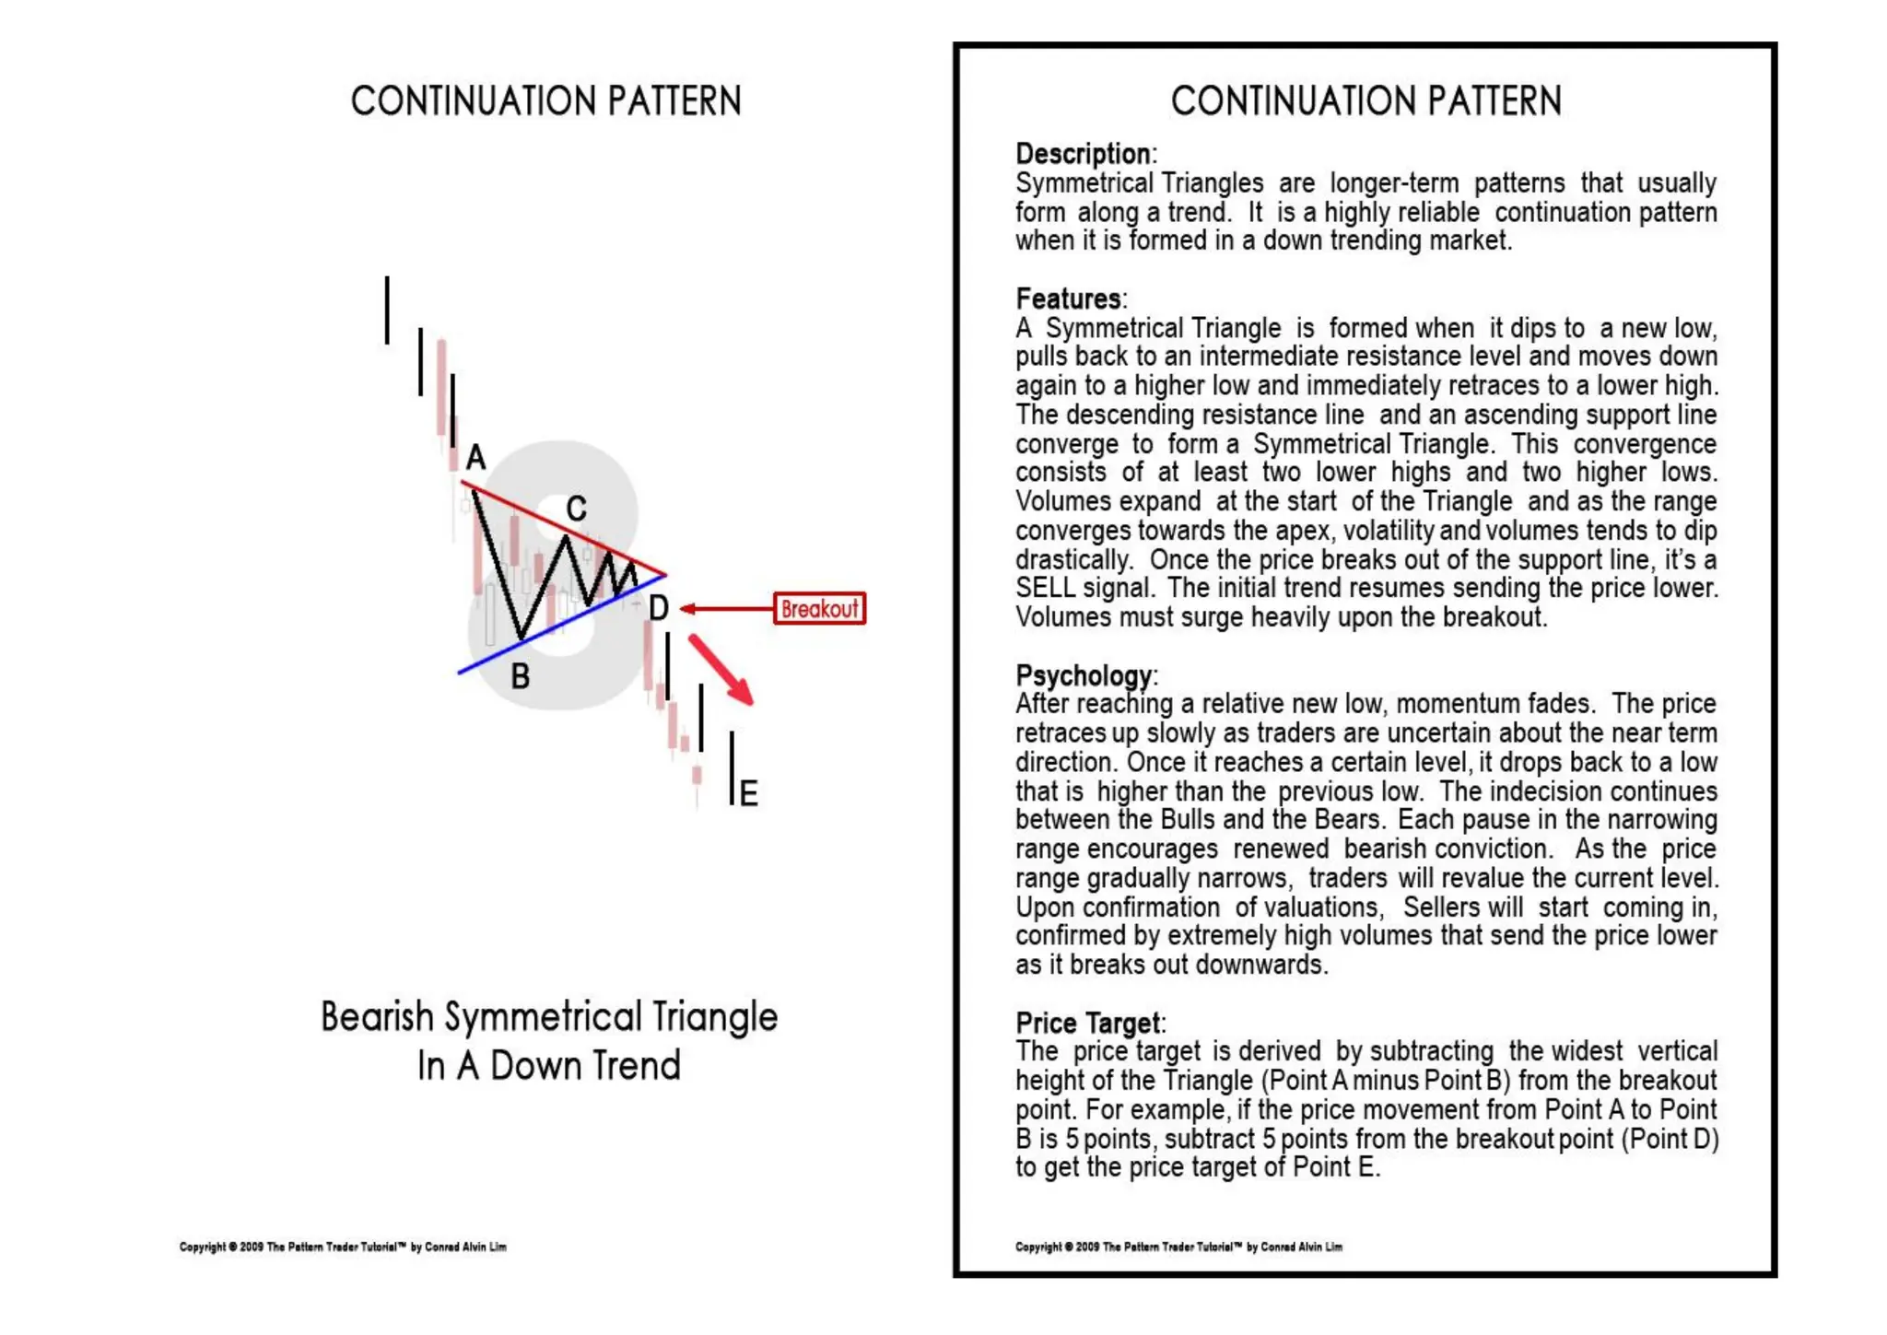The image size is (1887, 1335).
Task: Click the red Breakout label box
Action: coord(819,609)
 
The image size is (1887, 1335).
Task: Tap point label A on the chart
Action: coord(475,457)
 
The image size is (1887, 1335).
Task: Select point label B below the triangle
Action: coord(521,677)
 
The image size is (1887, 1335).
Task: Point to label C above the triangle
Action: coord(577,509)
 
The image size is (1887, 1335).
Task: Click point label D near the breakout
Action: coord(658,608)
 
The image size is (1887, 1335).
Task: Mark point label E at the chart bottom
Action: coord(748,793)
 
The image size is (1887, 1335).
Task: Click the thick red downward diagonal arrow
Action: coord(722,670)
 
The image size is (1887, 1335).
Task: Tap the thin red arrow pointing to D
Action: coord(728,609)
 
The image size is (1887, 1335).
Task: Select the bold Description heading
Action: coord(1083,154)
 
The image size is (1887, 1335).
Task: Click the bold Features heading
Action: coord(1068,299)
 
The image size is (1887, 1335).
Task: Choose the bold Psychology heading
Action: coord(1084,675)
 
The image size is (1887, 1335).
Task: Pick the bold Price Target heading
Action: coord(1087,1023)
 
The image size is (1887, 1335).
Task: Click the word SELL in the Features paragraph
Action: coord(1045,588)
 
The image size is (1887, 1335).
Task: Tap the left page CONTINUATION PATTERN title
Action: coord(546,101)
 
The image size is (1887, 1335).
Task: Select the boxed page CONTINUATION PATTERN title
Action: coord(1365,101)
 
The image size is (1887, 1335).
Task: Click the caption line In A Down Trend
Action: coord(549,1066)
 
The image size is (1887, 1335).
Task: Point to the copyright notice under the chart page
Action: coord(343,1247)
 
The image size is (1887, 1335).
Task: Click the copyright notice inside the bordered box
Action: coord(1178,1247)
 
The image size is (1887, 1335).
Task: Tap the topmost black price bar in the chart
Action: coord(387,310)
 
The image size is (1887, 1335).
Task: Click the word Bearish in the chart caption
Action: coord(377,1017)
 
